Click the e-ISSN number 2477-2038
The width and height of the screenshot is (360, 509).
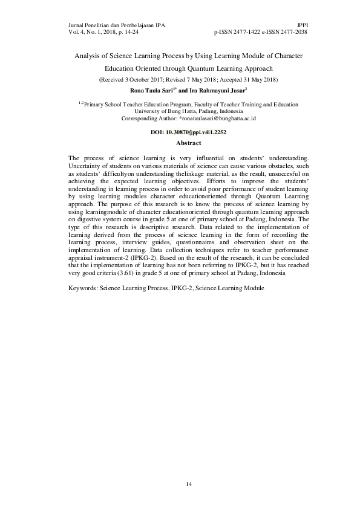click(293, 31)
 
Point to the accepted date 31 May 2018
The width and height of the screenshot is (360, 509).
click(253, 80)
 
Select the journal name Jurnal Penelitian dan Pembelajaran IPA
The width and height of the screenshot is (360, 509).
click(114, 25)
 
